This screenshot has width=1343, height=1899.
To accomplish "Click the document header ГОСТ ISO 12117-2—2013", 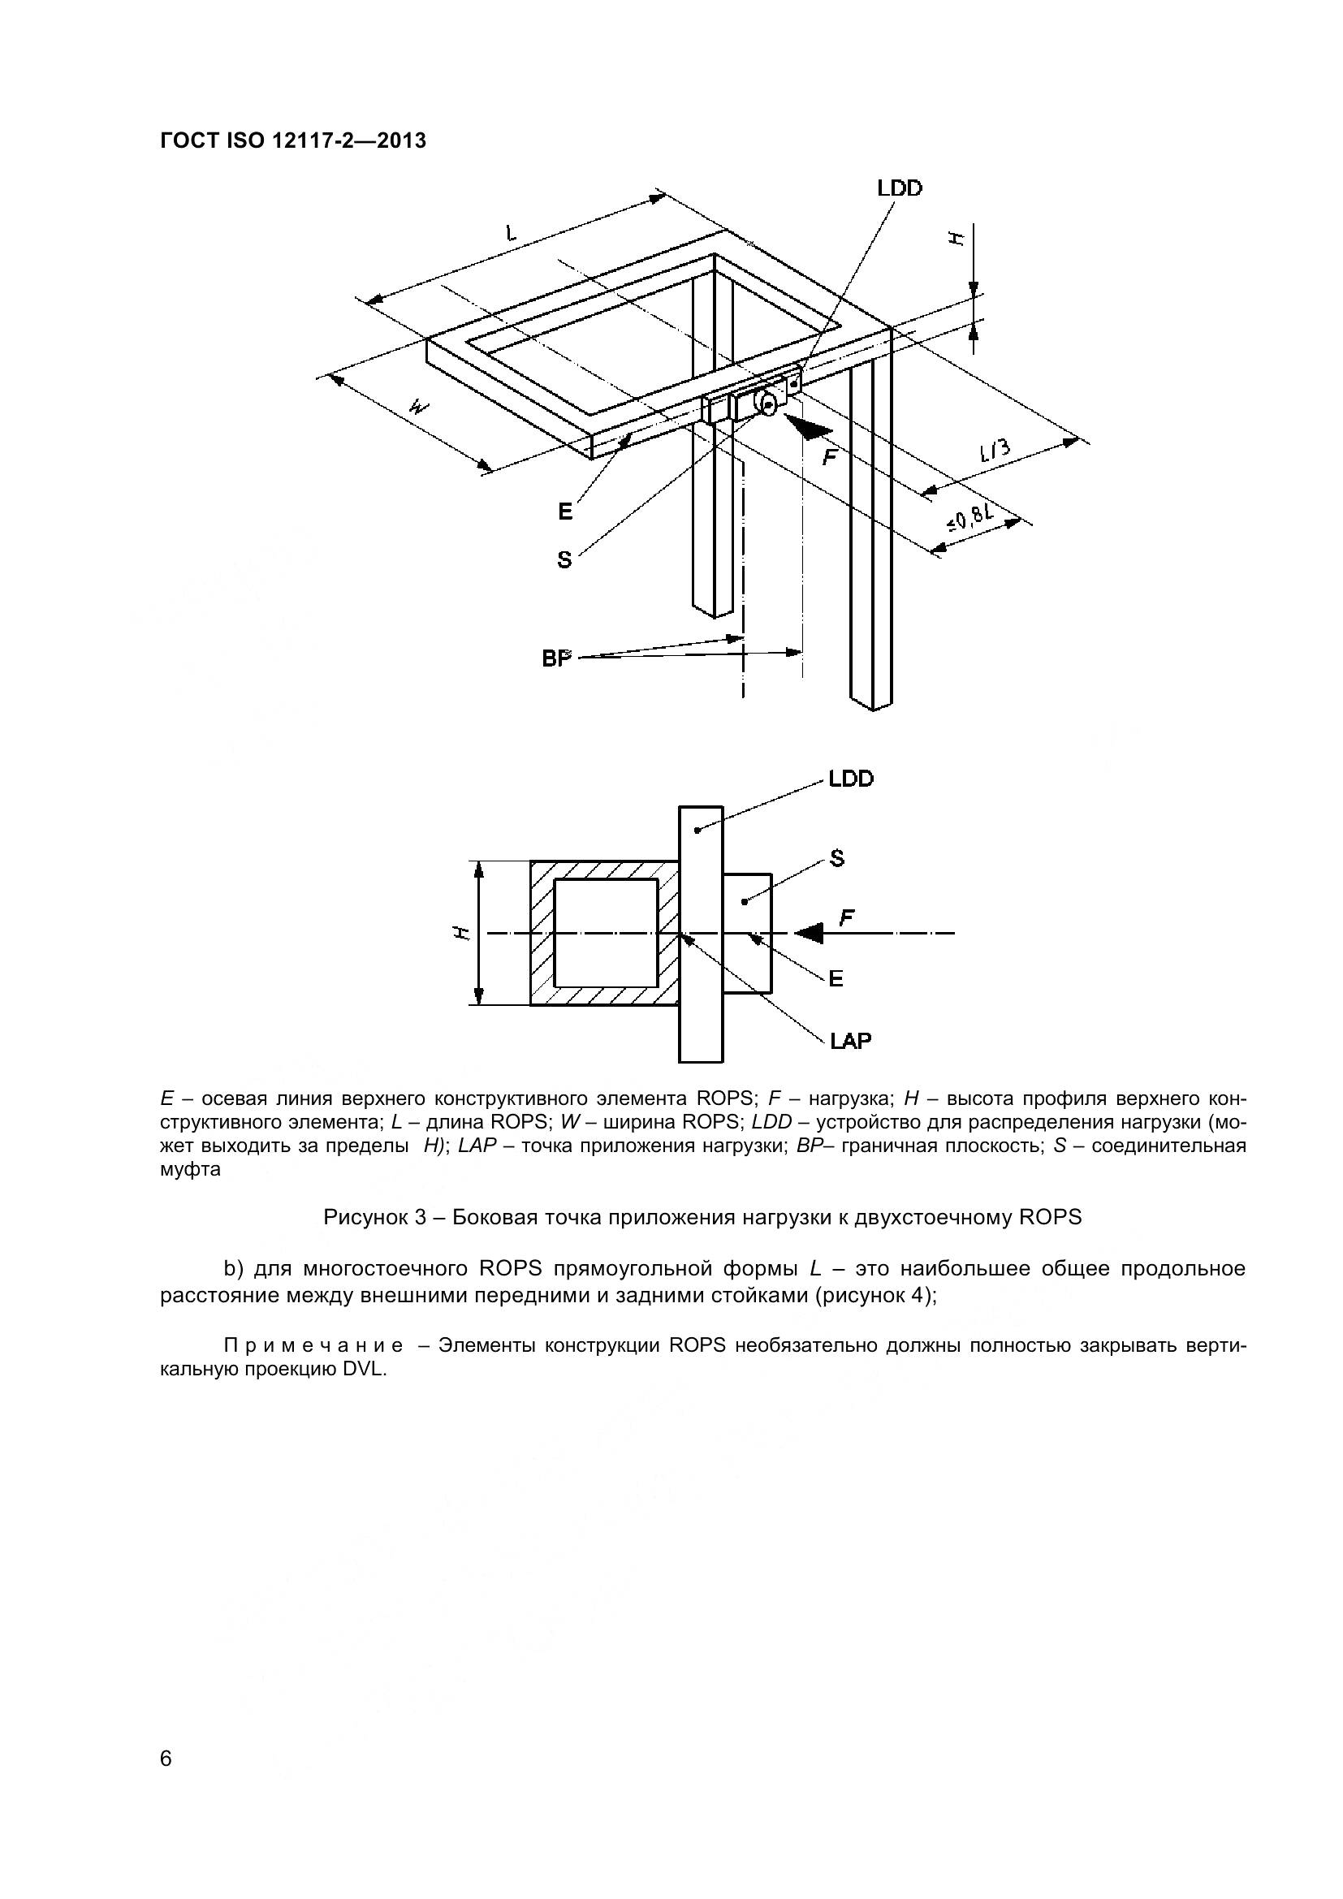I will click(293, 140).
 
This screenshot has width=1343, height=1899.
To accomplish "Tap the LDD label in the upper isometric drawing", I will click(899, 188).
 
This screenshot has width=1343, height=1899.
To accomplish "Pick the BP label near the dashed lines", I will click(556, 658).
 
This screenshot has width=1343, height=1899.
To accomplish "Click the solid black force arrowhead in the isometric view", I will click(808, 427).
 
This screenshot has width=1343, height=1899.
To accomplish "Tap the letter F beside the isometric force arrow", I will click(829, 456).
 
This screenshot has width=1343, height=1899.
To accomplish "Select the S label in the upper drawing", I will click(564, 560).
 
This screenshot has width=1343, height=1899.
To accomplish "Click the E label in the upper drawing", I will click(565, 512).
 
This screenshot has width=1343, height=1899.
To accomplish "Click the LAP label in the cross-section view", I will click(850, 1041).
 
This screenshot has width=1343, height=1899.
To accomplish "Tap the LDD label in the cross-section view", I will click(851, 779).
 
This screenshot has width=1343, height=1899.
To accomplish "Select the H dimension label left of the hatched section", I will click(464, 933).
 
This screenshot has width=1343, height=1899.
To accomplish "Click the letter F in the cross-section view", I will click(847, 917).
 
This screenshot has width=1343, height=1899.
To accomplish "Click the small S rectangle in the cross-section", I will click(748, 933).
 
